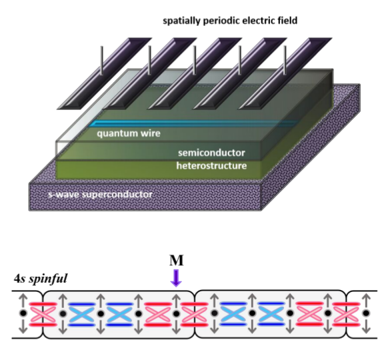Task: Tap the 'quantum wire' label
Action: [129, 133]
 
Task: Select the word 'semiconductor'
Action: [211, 153]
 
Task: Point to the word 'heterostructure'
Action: [211, 166]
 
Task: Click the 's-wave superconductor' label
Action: [100, 194]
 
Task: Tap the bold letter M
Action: [177, 261]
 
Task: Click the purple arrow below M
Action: [176, 278]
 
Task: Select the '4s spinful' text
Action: [40, 279]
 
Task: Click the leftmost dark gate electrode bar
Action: [105, 73]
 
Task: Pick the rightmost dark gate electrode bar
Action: [285, 73]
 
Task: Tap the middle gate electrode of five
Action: [195, 73]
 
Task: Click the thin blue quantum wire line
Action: [194, 123]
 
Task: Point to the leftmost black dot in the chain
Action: [23, 313]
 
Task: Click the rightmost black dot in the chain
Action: [366, 313]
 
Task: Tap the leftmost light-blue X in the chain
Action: [82, 314]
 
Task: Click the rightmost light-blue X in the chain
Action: [271, 314]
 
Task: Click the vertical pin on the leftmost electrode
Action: [101, 60]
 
